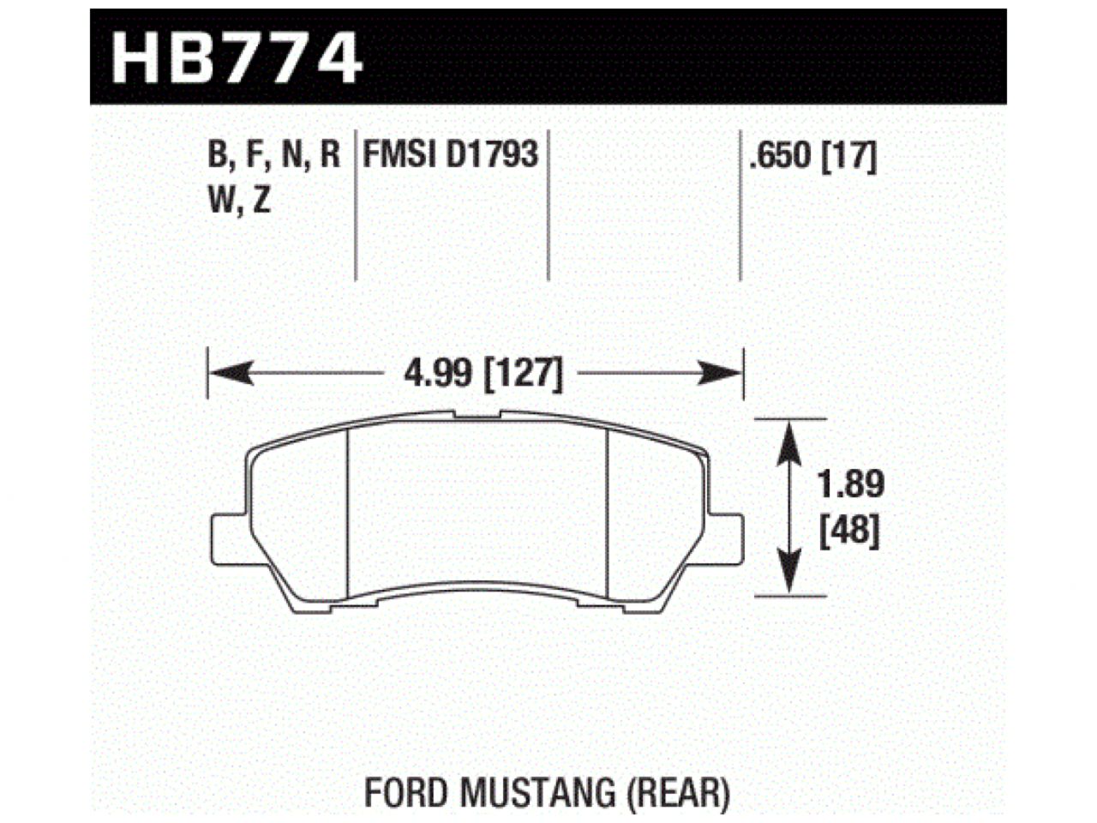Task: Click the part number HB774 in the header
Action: (x=237, y=57)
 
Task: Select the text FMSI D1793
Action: (x=451, y=155)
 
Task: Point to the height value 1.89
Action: (x=849, y=485)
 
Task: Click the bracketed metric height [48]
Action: (x=849, y=533)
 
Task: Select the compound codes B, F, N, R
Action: (x=274, y=155)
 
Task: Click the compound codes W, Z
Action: (x=239, y=202)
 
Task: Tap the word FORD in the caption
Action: (x=405, y=794)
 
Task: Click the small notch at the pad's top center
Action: (x=477, y=416)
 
